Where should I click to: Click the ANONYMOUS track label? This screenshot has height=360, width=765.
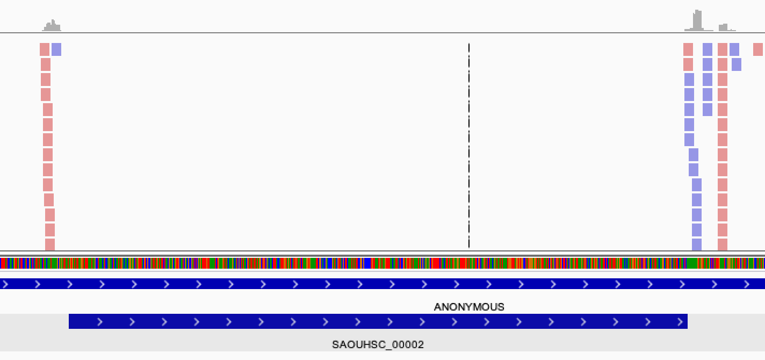click(469, 307)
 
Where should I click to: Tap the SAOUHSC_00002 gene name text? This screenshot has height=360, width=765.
click(378, 344)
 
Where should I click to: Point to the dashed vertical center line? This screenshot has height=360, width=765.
click(469, 146)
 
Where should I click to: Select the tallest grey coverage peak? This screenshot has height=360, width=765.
click(698, 20)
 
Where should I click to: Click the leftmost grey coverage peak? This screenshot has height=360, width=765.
click(52, 25)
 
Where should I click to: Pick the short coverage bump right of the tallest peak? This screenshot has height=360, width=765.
click(723, 27)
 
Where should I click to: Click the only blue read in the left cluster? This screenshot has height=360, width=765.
click(56, 49)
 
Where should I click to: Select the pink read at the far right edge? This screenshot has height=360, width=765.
click(758, 49)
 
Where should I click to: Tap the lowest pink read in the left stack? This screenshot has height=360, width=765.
click(50, 244)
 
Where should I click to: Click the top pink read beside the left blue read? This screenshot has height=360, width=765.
click(45, 49)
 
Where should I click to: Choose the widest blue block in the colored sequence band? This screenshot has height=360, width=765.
click(367, 263)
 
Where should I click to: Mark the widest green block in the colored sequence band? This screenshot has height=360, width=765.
click(692, 263)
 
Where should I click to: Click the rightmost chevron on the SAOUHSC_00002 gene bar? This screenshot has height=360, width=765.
click(680, 322)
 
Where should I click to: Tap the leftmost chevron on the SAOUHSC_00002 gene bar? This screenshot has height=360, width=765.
click(100, 322)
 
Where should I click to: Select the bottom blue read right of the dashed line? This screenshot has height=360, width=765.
click(697, 244)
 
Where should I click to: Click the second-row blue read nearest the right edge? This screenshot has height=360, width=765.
click(737, 64)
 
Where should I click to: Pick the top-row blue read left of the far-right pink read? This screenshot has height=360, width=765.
click(734, 49)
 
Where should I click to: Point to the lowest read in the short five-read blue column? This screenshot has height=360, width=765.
click(708, 110)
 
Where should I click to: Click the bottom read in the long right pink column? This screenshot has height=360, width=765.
click(723, 244)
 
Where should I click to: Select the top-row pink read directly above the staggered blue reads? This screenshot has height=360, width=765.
click(688, 49)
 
